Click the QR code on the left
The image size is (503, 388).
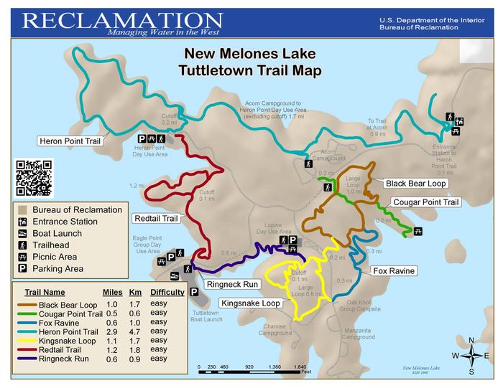point(34,177)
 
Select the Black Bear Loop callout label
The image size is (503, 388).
point(416,184)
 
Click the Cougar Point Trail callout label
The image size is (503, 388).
point(425,202)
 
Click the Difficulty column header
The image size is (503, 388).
point(167,293)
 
